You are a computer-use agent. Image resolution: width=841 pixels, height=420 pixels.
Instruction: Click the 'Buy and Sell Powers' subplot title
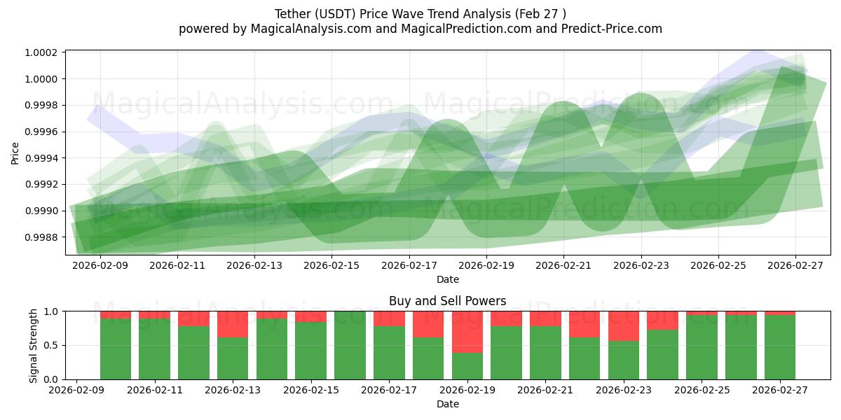tap(447, 302)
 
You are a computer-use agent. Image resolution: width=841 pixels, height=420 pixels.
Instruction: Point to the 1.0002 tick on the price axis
tap(42, 53)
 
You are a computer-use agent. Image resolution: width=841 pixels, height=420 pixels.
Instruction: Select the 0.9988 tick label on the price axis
tap(42, 237)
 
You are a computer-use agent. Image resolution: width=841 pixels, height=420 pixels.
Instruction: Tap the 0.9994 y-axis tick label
tap(42, 158)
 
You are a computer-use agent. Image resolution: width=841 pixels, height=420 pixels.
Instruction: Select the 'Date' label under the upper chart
tap(447, 279)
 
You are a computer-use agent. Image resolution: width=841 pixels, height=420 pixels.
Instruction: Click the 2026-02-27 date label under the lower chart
tap(779, 390)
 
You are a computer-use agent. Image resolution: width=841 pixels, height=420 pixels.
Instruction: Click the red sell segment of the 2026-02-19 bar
tap(467, 332)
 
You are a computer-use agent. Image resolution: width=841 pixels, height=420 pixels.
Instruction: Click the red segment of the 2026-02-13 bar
tap(233, 324)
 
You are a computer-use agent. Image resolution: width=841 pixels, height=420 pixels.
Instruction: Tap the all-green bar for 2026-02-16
tap(350, 345)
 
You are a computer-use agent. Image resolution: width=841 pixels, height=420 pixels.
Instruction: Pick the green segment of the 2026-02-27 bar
tap(780, 347)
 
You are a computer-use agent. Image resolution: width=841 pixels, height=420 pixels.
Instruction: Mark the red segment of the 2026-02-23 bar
tap(624, 326)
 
